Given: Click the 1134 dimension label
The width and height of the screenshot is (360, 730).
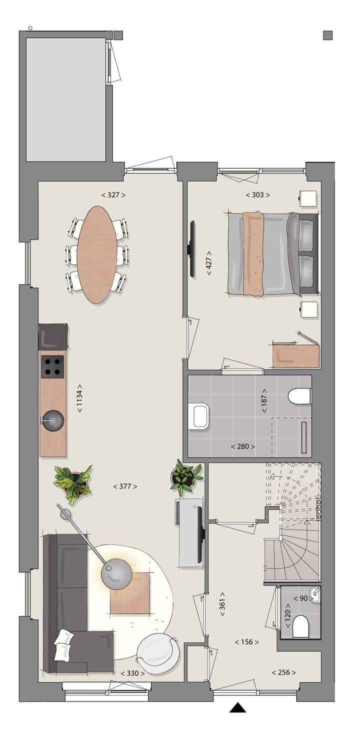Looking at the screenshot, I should (79, 398).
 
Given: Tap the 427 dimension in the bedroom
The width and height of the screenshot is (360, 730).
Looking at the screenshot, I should (209, 260).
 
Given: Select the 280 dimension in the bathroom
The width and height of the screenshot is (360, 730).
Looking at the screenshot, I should (243, 446).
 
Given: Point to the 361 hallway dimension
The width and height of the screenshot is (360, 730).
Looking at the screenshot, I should (222, 606).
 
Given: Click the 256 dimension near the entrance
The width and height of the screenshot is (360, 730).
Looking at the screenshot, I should (283, 672).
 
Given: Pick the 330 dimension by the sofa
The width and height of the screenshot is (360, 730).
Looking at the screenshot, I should (132, 673).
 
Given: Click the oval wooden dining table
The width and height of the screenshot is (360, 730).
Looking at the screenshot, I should (97, 254).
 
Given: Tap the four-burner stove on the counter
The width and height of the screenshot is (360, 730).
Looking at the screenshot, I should (52, 367).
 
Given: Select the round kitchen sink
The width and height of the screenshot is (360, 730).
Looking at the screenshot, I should (52, 420).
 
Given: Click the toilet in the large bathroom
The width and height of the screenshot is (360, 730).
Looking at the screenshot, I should (300, 396).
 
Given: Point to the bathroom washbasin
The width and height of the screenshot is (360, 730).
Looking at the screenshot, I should (200, 416).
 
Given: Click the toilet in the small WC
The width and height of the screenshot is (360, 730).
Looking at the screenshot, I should (300, 626).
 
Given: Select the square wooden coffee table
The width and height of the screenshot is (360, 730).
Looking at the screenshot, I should (130, 593).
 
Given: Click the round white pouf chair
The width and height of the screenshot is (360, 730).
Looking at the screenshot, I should (157, 653).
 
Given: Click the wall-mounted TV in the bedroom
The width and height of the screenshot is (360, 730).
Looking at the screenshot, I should (191, 248).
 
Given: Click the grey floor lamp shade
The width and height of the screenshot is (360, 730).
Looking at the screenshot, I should (116, 574).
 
